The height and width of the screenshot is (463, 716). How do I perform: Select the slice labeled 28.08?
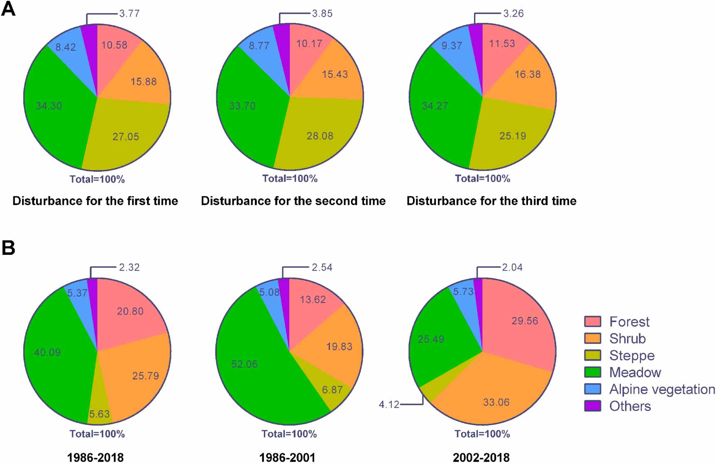coord(320,136)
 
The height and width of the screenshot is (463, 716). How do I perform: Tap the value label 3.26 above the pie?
coord(513,13)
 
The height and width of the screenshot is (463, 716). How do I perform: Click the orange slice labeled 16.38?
coord(527,75)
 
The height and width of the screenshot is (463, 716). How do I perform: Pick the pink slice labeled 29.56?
coord(524,321)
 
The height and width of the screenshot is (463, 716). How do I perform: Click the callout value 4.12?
coord(389,404)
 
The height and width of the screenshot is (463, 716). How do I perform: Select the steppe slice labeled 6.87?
coord(332,390)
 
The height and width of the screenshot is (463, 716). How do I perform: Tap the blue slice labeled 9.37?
coord(452,46)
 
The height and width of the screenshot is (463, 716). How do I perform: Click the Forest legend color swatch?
coord(592,322)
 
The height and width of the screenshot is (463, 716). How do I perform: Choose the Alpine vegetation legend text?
coord(662,389)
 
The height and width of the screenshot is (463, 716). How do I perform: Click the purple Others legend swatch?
coord(592,406)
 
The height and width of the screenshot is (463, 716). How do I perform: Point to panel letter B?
coord(8,248)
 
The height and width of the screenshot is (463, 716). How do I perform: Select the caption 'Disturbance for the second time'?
coord(293,201)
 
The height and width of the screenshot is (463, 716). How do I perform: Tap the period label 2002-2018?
coord(481,458)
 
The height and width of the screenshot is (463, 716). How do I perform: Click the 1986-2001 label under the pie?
coord(287,458)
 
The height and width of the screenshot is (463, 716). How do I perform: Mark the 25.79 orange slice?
coord(145,376)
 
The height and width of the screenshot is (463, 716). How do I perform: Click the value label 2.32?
coord(129,267)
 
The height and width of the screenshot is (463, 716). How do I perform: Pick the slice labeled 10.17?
coord(309,44)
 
